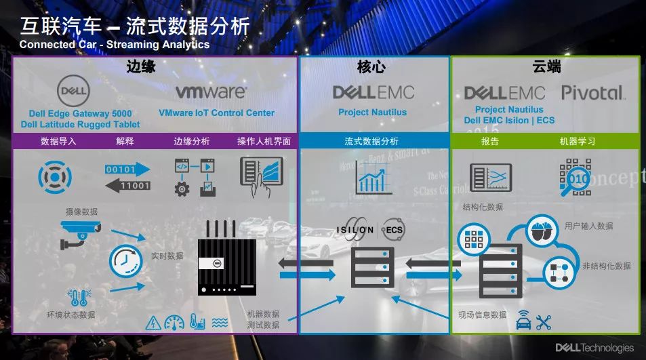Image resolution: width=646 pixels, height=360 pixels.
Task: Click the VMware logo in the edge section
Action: point(211,92)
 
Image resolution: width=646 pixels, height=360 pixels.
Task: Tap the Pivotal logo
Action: point(592,93)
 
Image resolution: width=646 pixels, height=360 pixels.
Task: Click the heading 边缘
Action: point(140,66)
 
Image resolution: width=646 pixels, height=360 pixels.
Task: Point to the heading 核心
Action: point(372,66)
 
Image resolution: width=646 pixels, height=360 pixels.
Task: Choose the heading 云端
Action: point(546,66)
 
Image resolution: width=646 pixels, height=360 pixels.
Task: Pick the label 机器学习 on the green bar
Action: point(578,142)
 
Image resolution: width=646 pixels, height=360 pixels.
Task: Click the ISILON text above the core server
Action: point(355,230)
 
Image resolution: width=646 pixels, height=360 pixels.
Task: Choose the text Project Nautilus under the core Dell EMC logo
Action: point(372,113)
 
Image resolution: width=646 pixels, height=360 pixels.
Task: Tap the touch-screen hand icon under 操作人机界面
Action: point(262,175)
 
